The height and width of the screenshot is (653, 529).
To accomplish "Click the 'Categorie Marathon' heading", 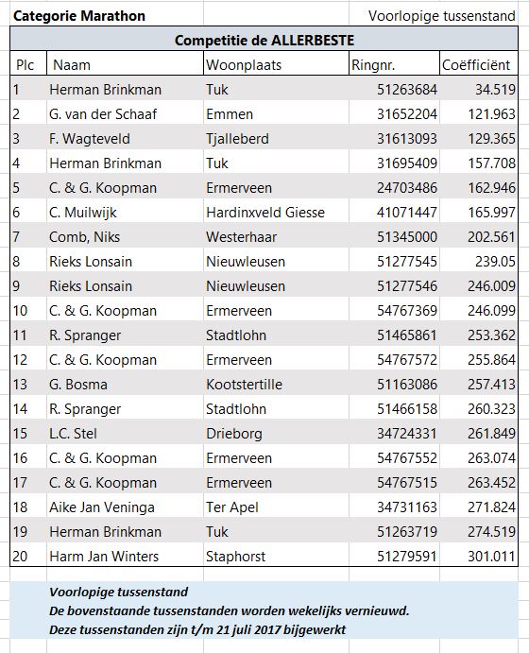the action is tap(79, 16).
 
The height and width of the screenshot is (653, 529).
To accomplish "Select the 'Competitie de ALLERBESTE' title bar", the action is tap(264, 40).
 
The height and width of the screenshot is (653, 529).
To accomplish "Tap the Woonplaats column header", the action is tap(244, 65).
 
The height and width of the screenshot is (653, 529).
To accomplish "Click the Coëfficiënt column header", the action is tap(476, 65).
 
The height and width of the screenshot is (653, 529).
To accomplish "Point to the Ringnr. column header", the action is tap(373, 65).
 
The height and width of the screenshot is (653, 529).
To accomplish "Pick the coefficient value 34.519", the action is tap(495, 90).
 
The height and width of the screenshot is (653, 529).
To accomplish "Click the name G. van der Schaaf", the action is tap(103, 114).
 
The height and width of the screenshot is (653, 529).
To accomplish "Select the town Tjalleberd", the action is tap(237, 139).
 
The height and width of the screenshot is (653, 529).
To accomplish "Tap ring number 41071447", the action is tap(407, 213).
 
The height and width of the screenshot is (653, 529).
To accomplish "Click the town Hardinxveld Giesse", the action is tap(265, 213).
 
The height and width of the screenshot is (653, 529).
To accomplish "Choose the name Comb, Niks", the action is tap(84, 237).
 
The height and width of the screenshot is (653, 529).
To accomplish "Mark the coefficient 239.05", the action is tap(495, 262).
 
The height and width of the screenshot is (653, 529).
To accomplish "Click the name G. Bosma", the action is tap(78, 385).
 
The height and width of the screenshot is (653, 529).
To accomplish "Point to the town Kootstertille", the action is tap(244, 385).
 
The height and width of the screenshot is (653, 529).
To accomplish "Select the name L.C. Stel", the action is tap(73, 434).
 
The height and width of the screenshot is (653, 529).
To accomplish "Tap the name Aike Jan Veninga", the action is tap(102, 507).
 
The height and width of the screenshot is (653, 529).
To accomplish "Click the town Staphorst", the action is tap(235, 557).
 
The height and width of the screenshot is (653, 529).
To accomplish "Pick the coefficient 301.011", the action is tap(491, 557).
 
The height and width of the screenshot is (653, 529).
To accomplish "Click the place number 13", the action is tap(20, 385).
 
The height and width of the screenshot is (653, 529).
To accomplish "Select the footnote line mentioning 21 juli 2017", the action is tap(197, 629).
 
